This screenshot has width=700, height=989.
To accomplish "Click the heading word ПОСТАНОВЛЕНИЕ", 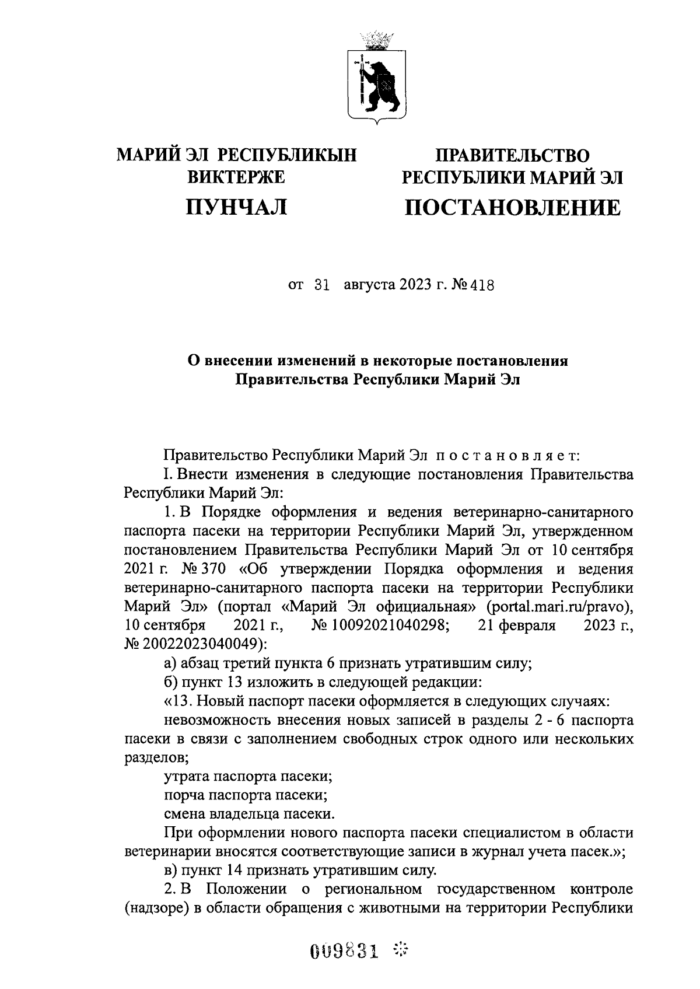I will [513, 207].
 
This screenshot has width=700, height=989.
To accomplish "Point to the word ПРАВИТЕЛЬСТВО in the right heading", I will [513, 156].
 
